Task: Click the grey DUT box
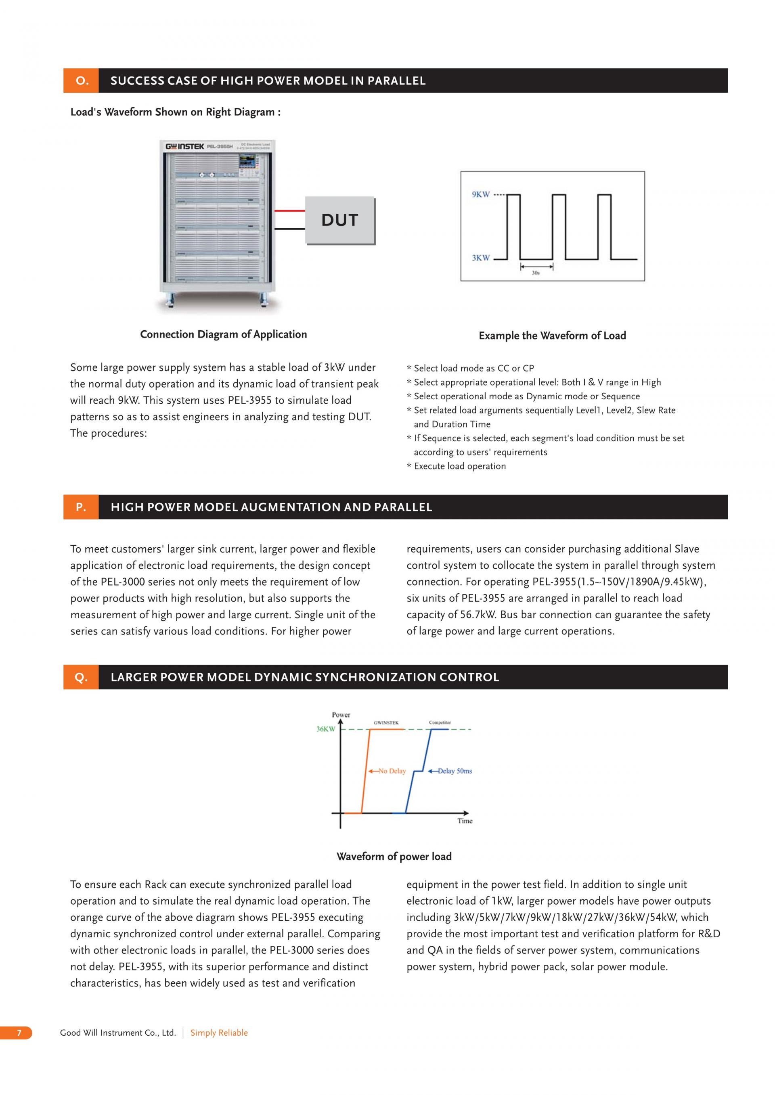pos(339,220)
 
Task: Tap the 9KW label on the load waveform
pos(481,194)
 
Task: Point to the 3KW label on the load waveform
pos(481,258)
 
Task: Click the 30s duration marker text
pos(536,273)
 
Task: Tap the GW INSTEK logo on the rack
pos(185,146)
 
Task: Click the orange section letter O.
pos(82,81)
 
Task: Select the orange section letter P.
pos(81,507)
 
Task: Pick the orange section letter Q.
pos(81,677)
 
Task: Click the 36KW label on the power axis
pos(325,729)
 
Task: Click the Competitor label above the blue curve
pos(440,722)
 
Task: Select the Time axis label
pos(465,821)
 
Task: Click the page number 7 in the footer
pos(19,1032)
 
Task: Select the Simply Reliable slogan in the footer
pos(219,1032)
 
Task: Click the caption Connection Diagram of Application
pos(223,334)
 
